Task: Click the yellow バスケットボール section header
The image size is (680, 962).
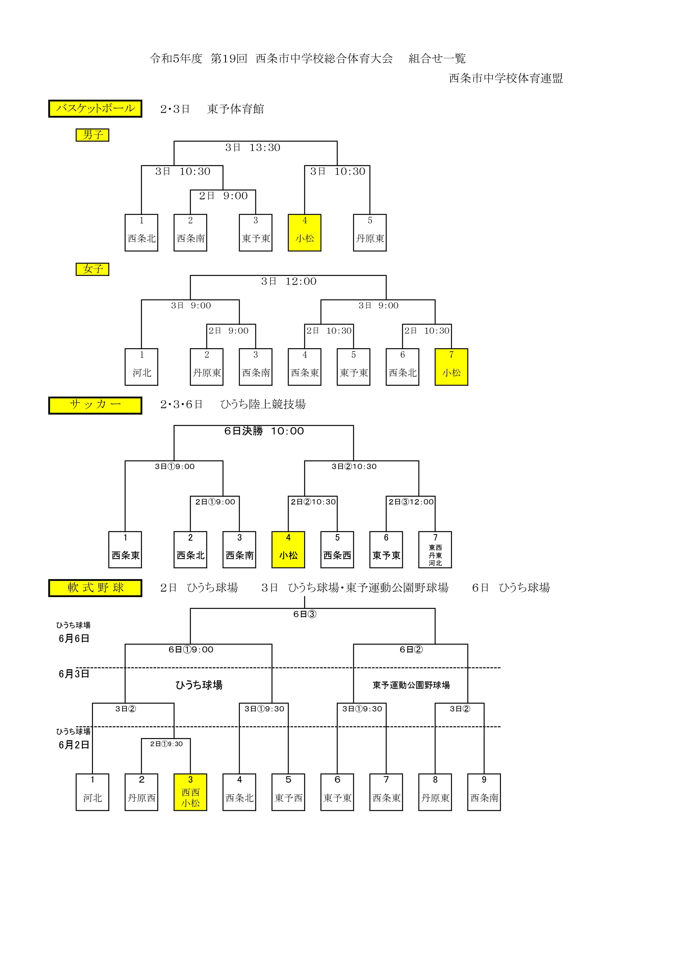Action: (95, 109)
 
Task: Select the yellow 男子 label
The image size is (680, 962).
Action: (92, 135)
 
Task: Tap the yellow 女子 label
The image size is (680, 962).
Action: (92, 269)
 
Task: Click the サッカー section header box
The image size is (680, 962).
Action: (95, 405)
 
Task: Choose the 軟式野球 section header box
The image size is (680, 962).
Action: (95, 588)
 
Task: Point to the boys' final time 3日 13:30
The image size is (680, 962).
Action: (253, 147)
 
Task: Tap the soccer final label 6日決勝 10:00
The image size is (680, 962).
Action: (264, 431)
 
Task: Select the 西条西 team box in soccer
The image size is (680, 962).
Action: (337, 550)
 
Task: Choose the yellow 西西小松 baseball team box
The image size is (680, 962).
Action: (191, 792)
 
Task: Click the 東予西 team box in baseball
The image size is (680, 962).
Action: (288, 792)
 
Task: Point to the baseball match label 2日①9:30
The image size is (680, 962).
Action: (166, 744)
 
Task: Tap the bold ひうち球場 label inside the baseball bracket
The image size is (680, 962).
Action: (199, 685)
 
